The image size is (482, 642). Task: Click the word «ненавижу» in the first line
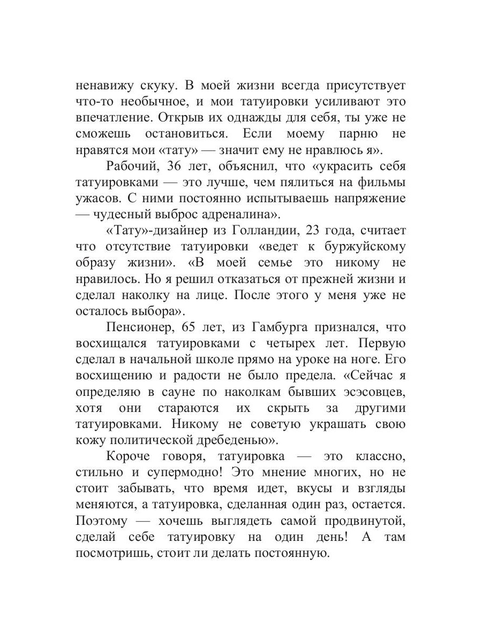click(x=103, y=85)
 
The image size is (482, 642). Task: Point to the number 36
click(x=176, y=166)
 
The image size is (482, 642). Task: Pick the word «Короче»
click(x=129, y=456)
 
